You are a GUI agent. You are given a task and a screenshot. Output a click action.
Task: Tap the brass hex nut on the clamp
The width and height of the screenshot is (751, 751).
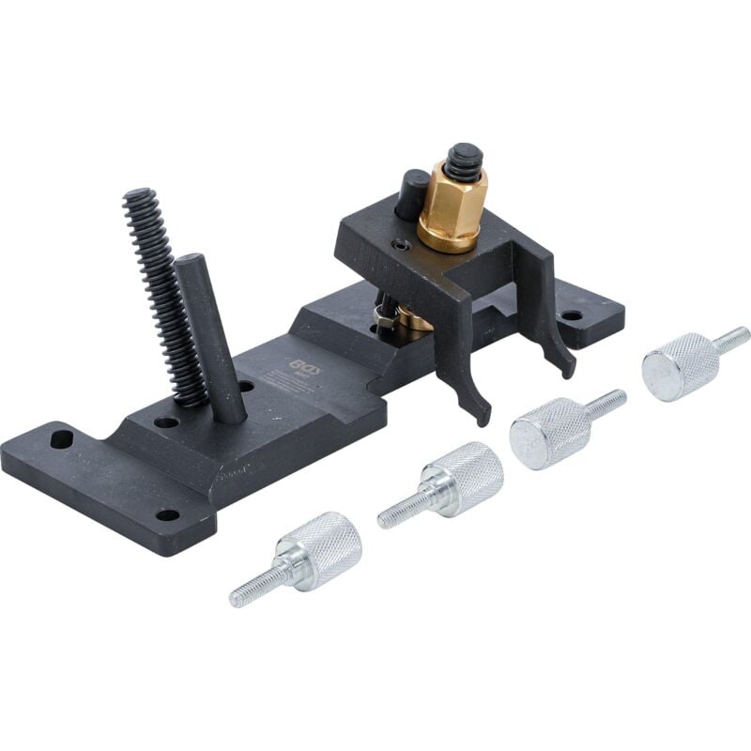451,208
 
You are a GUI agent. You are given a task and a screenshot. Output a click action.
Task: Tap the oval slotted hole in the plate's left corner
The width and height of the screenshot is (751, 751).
62,438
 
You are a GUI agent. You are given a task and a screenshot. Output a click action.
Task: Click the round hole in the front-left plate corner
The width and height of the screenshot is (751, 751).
167,514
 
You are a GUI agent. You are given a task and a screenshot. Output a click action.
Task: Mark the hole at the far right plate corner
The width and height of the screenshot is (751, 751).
570,316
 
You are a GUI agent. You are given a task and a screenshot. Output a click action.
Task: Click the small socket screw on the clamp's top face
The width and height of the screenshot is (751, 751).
402,246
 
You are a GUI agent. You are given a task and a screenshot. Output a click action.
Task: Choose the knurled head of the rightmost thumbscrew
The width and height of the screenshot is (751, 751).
680,365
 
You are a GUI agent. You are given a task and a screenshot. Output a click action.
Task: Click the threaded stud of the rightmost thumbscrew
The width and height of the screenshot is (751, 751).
732,338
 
